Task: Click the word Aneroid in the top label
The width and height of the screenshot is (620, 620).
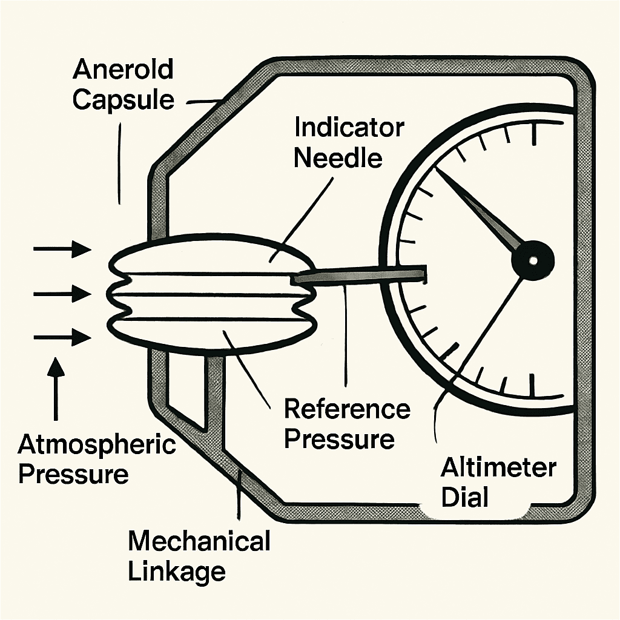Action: point(123,70)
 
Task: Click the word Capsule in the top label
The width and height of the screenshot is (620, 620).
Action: point(124,99)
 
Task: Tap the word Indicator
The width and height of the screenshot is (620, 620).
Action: point(349,128)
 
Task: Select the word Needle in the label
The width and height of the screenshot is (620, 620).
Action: point(338,158)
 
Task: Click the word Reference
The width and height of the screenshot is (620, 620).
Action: point(347,409)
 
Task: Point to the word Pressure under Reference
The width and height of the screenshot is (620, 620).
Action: point(339,439)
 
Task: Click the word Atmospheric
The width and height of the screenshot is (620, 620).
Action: point(97,445)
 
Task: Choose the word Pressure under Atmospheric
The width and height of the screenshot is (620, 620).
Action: point(73,474)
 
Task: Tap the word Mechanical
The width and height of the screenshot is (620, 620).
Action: point(199,541)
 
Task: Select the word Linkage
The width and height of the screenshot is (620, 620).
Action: point(177,570)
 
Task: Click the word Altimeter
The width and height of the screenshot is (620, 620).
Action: point(498,468)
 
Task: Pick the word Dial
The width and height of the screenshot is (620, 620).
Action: point(464,497)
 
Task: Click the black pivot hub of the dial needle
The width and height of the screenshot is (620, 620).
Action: point(533,260)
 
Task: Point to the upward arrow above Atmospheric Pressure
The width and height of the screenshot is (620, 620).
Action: point(56,387)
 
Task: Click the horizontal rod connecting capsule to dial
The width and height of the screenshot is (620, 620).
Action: point(363,274)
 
